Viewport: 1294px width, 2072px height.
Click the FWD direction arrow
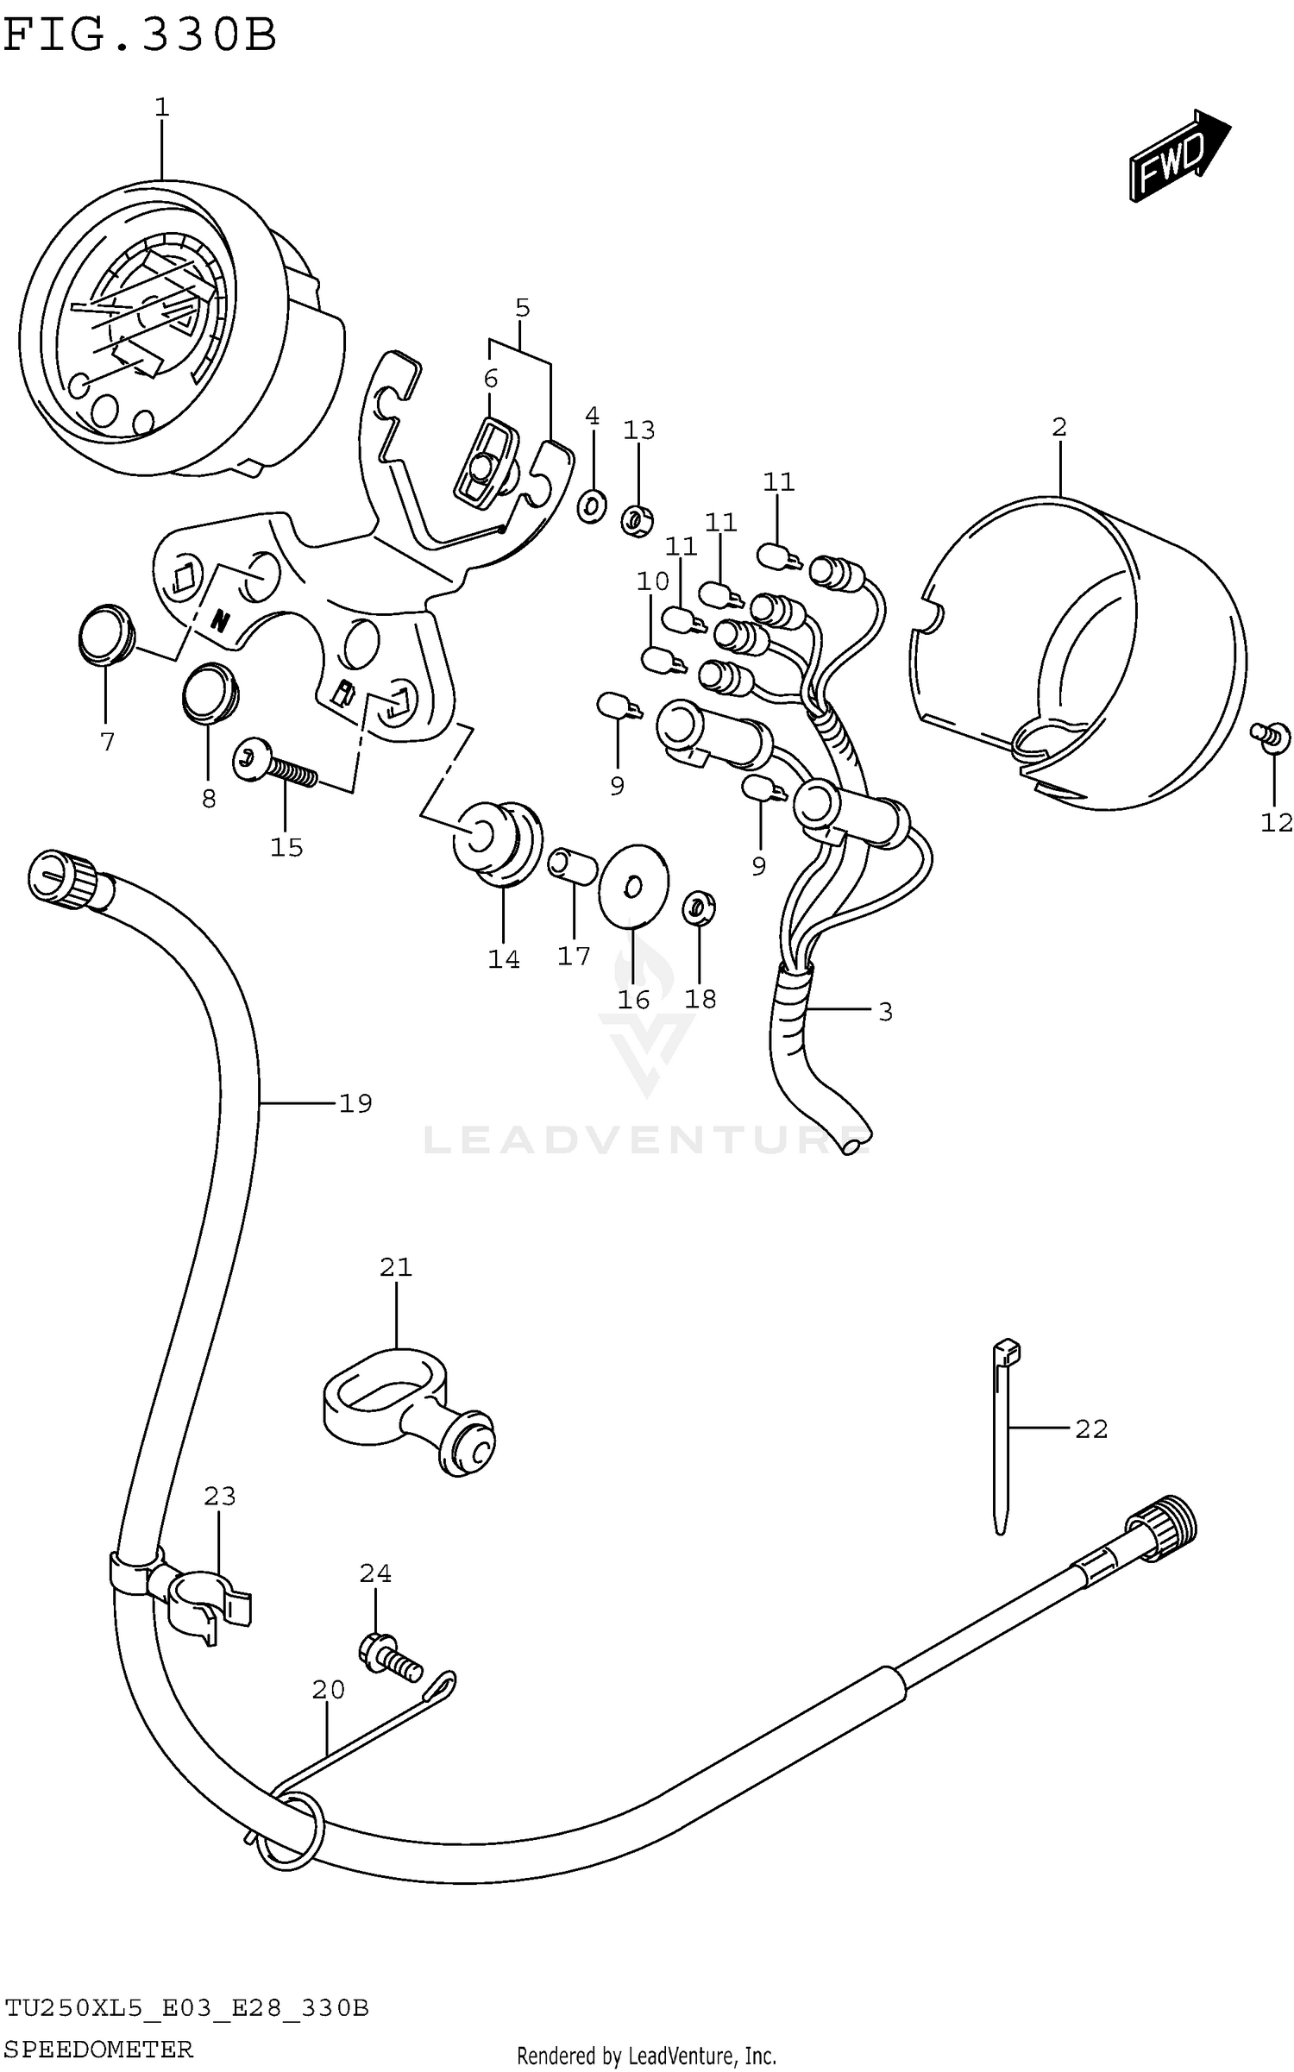(1178, 156)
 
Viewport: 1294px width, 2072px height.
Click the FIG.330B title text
(140, 36)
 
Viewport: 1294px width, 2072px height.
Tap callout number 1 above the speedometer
(161, 108)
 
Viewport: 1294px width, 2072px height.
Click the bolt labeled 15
(274, 765)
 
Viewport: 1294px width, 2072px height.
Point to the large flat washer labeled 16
(632, 884)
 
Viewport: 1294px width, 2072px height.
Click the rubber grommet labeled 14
(497, 842)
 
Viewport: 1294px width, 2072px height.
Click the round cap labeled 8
(210, 690)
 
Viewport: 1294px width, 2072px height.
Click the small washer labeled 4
(592, 505)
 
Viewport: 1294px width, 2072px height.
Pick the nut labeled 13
(638, 520)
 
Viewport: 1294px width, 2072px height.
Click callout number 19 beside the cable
(355, 1102)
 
